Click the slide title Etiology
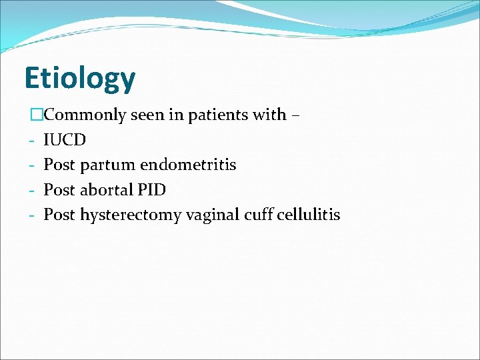coord(79,79)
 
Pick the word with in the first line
coord(273,115)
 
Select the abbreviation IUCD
coord(65,140)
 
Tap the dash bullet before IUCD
coord(31,141)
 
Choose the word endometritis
coord(188,165)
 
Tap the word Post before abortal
coord(59,190)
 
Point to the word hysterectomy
coord(130,215)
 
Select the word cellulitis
coord(309,215)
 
